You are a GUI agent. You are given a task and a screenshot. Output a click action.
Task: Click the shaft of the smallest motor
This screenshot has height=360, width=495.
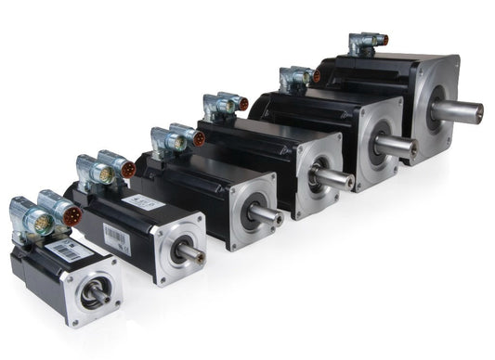click(94, 296)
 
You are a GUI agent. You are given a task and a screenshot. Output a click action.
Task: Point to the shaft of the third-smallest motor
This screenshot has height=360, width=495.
click(266, 214)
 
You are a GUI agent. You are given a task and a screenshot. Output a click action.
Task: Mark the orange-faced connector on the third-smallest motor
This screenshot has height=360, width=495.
click(198, 140)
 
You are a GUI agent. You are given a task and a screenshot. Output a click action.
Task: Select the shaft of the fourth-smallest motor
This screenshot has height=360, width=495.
click(332, 177)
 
